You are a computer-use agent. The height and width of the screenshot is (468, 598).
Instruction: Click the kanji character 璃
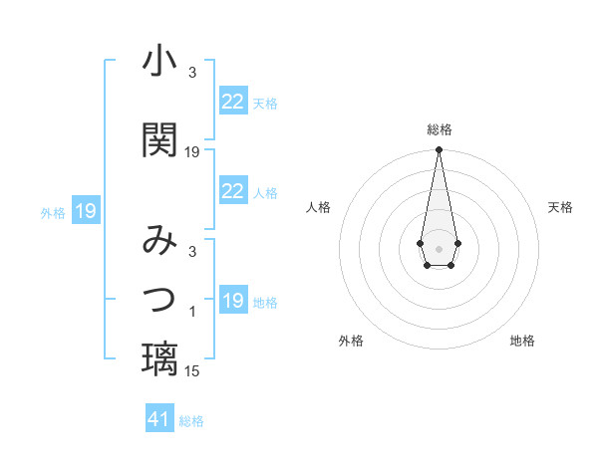click(x=159, y=358)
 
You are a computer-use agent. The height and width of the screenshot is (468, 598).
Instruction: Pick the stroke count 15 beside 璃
click(x=192, y=371)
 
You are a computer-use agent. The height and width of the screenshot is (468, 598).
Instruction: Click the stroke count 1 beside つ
click(x=192, y=313)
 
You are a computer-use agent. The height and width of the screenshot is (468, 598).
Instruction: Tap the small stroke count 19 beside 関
click(x=192, y=152)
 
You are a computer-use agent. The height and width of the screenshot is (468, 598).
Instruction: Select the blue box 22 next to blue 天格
click(x=232, y=102)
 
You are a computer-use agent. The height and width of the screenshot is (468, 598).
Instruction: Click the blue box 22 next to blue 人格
click(x=232, y=191)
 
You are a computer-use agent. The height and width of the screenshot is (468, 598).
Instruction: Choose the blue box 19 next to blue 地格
click(x=232, y=301)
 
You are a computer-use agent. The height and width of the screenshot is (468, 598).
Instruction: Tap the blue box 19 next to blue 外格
click(x=85, y=211)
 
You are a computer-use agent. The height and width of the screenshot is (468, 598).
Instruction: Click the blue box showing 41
click(x=159, y=419)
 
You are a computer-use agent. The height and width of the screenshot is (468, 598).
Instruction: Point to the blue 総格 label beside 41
click(x=191, y=421)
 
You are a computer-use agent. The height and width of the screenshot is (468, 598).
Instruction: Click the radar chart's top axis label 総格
click(x=439, y=129)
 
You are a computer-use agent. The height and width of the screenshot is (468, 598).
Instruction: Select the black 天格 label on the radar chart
click(x=560, y=207)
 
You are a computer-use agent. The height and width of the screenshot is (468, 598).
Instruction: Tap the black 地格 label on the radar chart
click(x=522, y=341)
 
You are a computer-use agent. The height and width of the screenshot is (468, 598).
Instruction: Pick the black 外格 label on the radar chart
click(x=351, y=341)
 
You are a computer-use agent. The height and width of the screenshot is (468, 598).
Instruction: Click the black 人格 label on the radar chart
click(x=318, y=207)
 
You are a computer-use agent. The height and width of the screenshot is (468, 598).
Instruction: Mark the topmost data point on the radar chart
click(x=439, y=149)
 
